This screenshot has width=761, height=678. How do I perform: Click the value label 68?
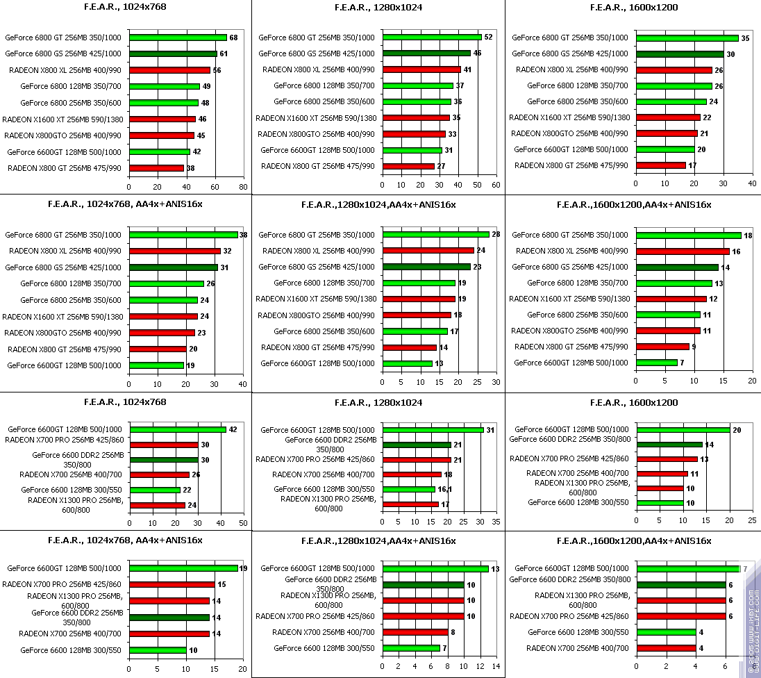(233, 38)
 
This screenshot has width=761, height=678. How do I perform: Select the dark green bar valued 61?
(173, 53)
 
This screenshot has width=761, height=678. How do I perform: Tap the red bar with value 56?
(169, 70)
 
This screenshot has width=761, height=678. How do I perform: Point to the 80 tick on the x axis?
(242, 187)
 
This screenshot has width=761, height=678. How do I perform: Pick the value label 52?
(488, 38)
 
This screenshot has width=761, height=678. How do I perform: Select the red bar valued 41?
(421, 69)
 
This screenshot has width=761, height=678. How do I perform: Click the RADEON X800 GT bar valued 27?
(408, 166)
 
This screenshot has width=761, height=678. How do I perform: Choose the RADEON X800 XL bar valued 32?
(174, 251)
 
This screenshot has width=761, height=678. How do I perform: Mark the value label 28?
(496, 235)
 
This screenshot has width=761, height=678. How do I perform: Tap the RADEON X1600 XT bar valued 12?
(671, 299)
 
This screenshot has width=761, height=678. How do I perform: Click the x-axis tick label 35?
(496, 522)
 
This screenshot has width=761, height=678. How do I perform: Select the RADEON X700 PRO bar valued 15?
(172, 585)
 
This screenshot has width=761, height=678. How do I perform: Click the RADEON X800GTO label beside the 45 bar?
(63, 135)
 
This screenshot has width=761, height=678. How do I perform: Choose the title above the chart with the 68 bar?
(126, 8)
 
